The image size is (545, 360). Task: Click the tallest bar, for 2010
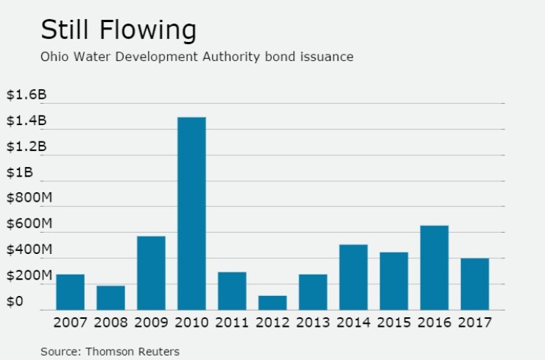pyautogui.click(x=191, y=213)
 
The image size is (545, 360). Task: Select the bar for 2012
pyautogui.click(x=272, y=303)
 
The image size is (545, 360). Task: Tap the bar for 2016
pyautogui.click(x=434, y=267)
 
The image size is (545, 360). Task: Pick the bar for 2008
pyautogui.click(x=110, y=297)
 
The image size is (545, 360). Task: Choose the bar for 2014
pyautogui.click(x=353, y=277)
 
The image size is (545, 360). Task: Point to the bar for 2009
pyautogui.click(x=151, y=272)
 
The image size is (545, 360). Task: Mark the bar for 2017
pyautogui.click(x=474, y=283)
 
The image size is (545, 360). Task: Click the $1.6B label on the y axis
pyautogui.click(x=27, y=95)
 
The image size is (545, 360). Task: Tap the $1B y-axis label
pyautogui.click(x=20, y=172)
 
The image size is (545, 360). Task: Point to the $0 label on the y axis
pyautogui.click(x=15, y=302)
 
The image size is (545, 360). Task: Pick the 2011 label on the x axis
pyautogui.click(x=232, y=322)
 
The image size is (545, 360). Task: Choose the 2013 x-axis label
pyautogui.click(x=313, y=322)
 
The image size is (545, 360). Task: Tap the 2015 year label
pyautogui.click(x=393, y=322)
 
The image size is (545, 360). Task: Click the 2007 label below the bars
pyautogui.click(x=70, y=322)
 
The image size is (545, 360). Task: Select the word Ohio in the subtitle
pyautogui.click(x=53, y=57)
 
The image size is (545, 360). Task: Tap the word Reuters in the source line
pyautogui.click(x=160, y=351)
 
